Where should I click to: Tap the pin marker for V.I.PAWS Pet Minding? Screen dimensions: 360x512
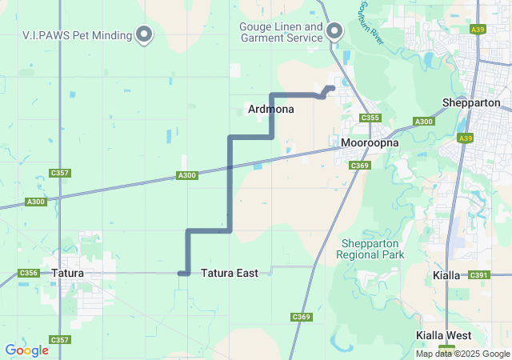145,34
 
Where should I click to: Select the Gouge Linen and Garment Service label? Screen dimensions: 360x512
281,32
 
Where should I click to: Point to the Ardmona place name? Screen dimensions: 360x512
271,108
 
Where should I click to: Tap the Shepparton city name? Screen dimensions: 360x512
471,102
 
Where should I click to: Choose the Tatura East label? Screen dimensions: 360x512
230,273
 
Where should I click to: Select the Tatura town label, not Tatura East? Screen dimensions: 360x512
67,273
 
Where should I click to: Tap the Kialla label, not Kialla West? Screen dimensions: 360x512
446,275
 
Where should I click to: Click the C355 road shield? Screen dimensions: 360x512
370,118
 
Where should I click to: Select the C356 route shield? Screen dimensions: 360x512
29,273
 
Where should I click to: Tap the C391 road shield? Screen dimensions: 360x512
478,275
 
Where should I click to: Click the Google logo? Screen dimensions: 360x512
26,350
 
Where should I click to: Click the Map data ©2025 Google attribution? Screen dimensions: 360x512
463,354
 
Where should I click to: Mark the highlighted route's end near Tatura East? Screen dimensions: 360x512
182,274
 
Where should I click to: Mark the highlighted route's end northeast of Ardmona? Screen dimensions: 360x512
332,88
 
